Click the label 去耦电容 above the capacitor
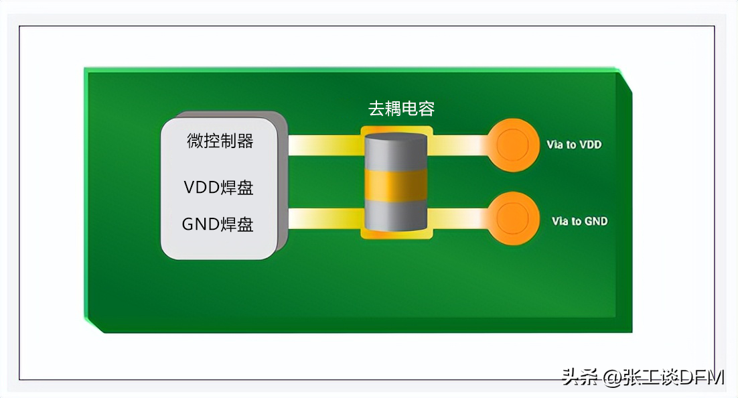(x=402, y=109)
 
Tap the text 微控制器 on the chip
(x=220, y=141)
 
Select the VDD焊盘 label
(x=218, y=188)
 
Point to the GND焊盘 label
(x=218, y=224)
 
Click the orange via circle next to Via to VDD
(x=513, y=145)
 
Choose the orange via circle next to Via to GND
(x=513, y=218)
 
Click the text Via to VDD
(x=574, y=144)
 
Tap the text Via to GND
(x=579, y=221)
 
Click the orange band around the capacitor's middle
(x=396, y=185)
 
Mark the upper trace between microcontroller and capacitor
(x=325, y=145)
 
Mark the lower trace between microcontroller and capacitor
(x=325, y=218)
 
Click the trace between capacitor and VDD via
(x=459, y=145)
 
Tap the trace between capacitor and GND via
(x=459, y=218)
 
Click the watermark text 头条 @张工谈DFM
(x=643, y=377)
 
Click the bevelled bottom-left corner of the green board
(x=96, y=324)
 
